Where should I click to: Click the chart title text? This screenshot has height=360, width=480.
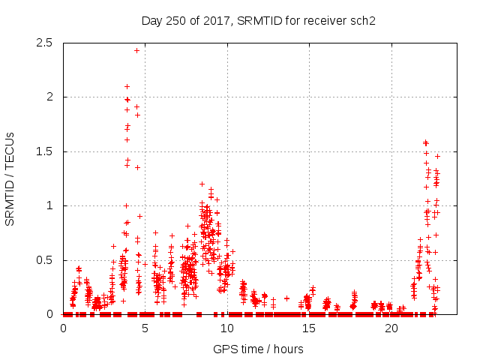(x=258, y=20)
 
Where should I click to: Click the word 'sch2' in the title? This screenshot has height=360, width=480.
(x=361, y=20)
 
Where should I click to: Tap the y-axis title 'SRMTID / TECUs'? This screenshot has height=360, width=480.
(x=10, y=178)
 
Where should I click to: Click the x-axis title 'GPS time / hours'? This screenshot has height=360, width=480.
(x=258, y=349)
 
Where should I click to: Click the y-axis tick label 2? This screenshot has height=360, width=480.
(x=49, y=97)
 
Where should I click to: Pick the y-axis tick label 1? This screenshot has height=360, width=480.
(x=49, y=205)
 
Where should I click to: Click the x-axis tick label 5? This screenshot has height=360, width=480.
(x=145, y=328)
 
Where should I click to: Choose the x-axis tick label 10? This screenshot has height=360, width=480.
(x=227, y=328)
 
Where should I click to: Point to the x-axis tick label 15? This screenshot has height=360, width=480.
(x=310, y=328)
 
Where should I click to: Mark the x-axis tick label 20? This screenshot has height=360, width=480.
(x=391, y=328)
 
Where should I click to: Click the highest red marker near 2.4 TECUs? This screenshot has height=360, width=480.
(x=136, y=50)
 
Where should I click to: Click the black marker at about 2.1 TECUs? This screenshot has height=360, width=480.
(x=127, y=86)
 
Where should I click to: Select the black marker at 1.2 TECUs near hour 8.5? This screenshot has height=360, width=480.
(x=202, y=184)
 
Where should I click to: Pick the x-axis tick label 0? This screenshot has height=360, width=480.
(x=63, y=328)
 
